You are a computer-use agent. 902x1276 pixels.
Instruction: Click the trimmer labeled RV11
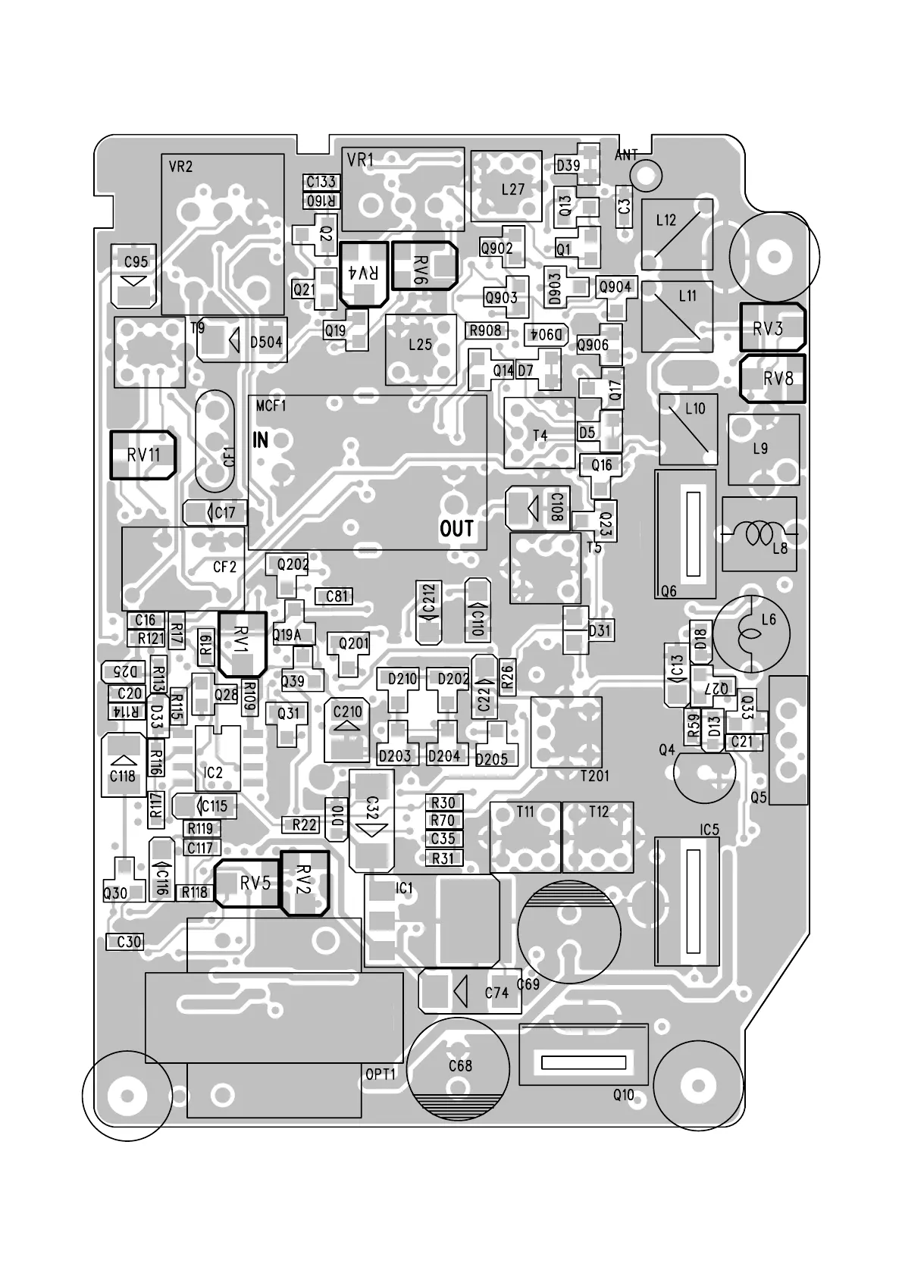pos(143,455)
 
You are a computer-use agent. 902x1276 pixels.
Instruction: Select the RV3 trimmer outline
pos(772,327)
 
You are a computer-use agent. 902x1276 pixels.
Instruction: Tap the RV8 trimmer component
pos(772,377)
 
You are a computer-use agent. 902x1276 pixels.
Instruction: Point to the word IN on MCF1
pos(260,440)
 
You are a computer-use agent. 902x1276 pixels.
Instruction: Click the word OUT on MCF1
pos(456,529)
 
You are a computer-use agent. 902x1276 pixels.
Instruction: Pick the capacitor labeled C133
pos(321,182)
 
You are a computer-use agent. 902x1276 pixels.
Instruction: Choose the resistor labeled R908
pos(485,330)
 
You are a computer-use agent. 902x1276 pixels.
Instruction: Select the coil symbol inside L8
pos(759,534)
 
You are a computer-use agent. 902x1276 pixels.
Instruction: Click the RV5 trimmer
pos(249,883)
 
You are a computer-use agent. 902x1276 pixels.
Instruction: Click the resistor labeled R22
pos(305,824)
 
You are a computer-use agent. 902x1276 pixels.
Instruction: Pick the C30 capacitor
pos(126,942)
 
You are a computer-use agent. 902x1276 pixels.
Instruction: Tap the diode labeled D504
pos(240,342)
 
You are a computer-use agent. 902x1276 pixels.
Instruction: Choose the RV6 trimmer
pos(424,266)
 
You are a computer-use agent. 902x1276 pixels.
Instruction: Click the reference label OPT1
pos(381,1074)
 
